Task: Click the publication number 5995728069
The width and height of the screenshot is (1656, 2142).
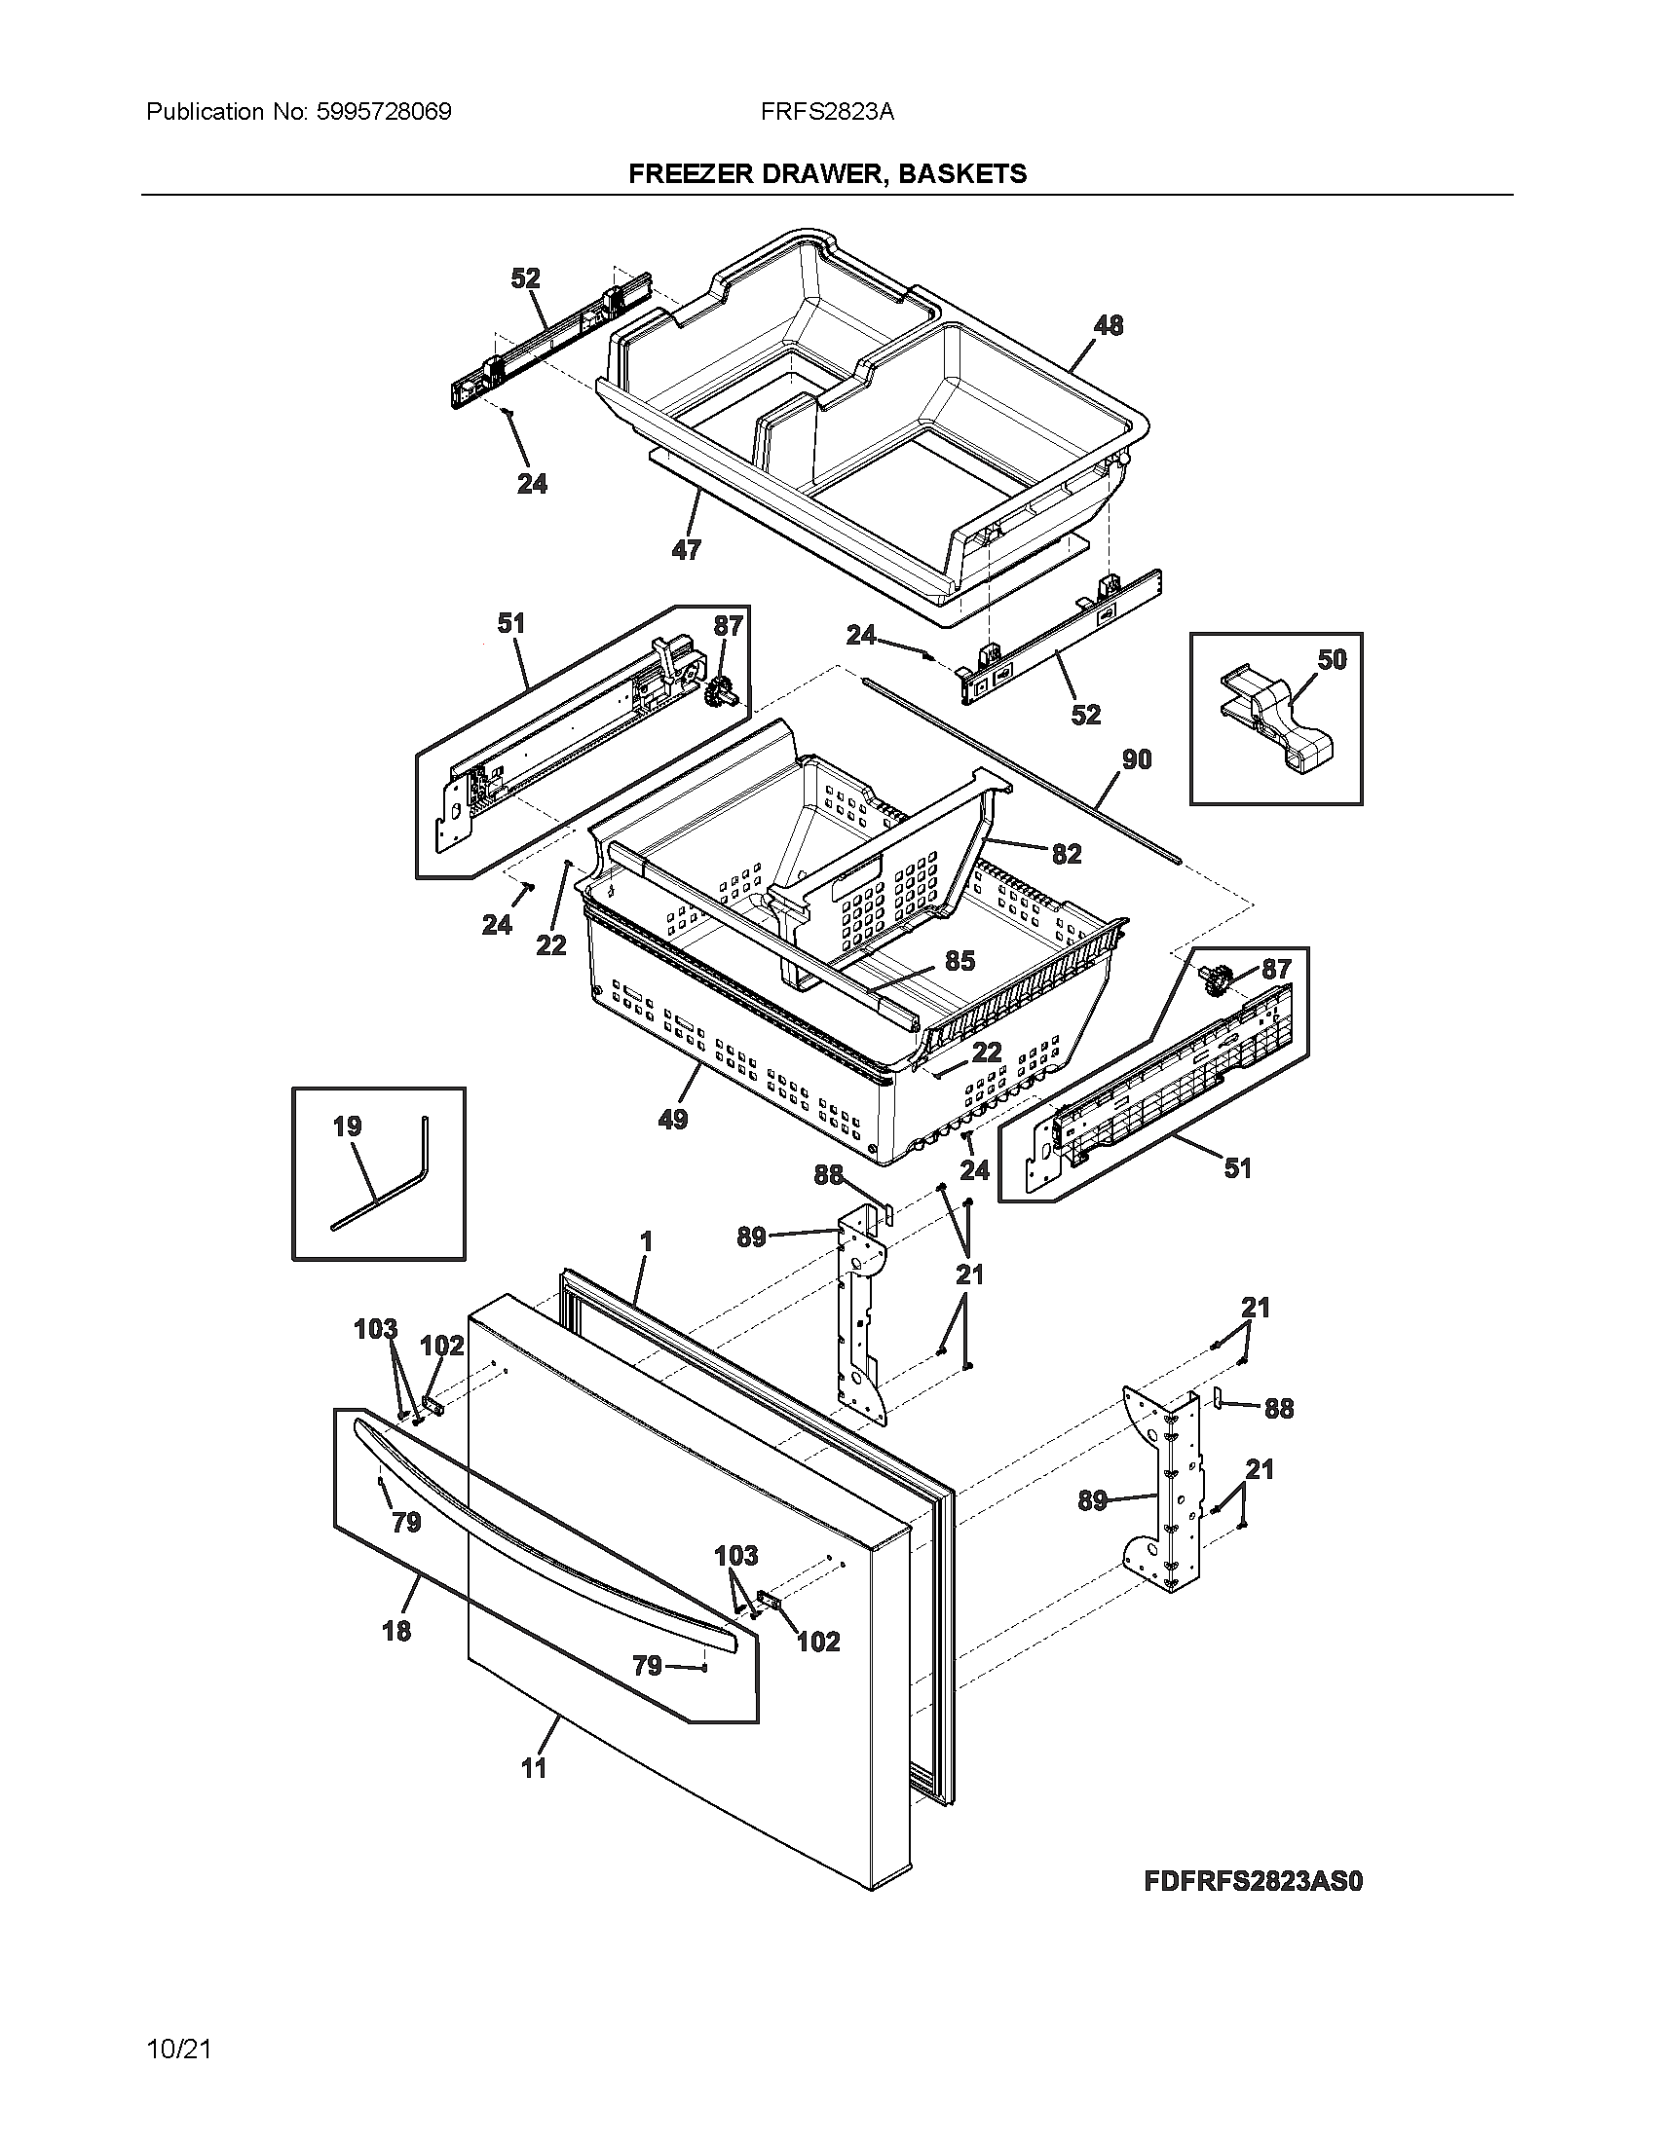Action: (384, 112)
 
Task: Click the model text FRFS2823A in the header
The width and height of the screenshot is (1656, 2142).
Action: (827, 112)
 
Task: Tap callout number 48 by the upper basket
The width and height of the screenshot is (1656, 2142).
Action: (1108, 325)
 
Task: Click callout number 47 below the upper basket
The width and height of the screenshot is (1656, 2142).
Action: (686, 550)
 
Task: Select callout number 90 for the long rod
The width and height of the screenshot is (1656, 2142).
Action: (1136, 759)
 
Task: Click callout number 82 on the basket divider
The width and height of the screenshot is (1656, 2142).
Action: (1067, 853)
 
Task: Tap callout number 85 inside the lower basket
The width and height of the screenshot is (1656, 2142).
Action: (960, 961)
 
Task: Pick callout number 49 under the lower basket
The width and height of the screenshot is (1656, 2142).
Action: (673, 1118)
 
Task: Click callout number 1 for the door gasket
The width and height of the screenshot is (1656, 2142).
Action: (646, 1241)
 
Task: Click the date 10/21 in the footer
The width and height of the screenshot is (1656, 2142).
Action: (178, 2049)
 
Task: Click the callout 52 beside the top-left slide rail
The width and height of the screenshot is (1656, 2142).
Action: (525, 278)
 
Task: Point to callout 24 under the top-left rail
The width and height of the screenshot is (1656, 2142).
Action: (532, 484)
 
